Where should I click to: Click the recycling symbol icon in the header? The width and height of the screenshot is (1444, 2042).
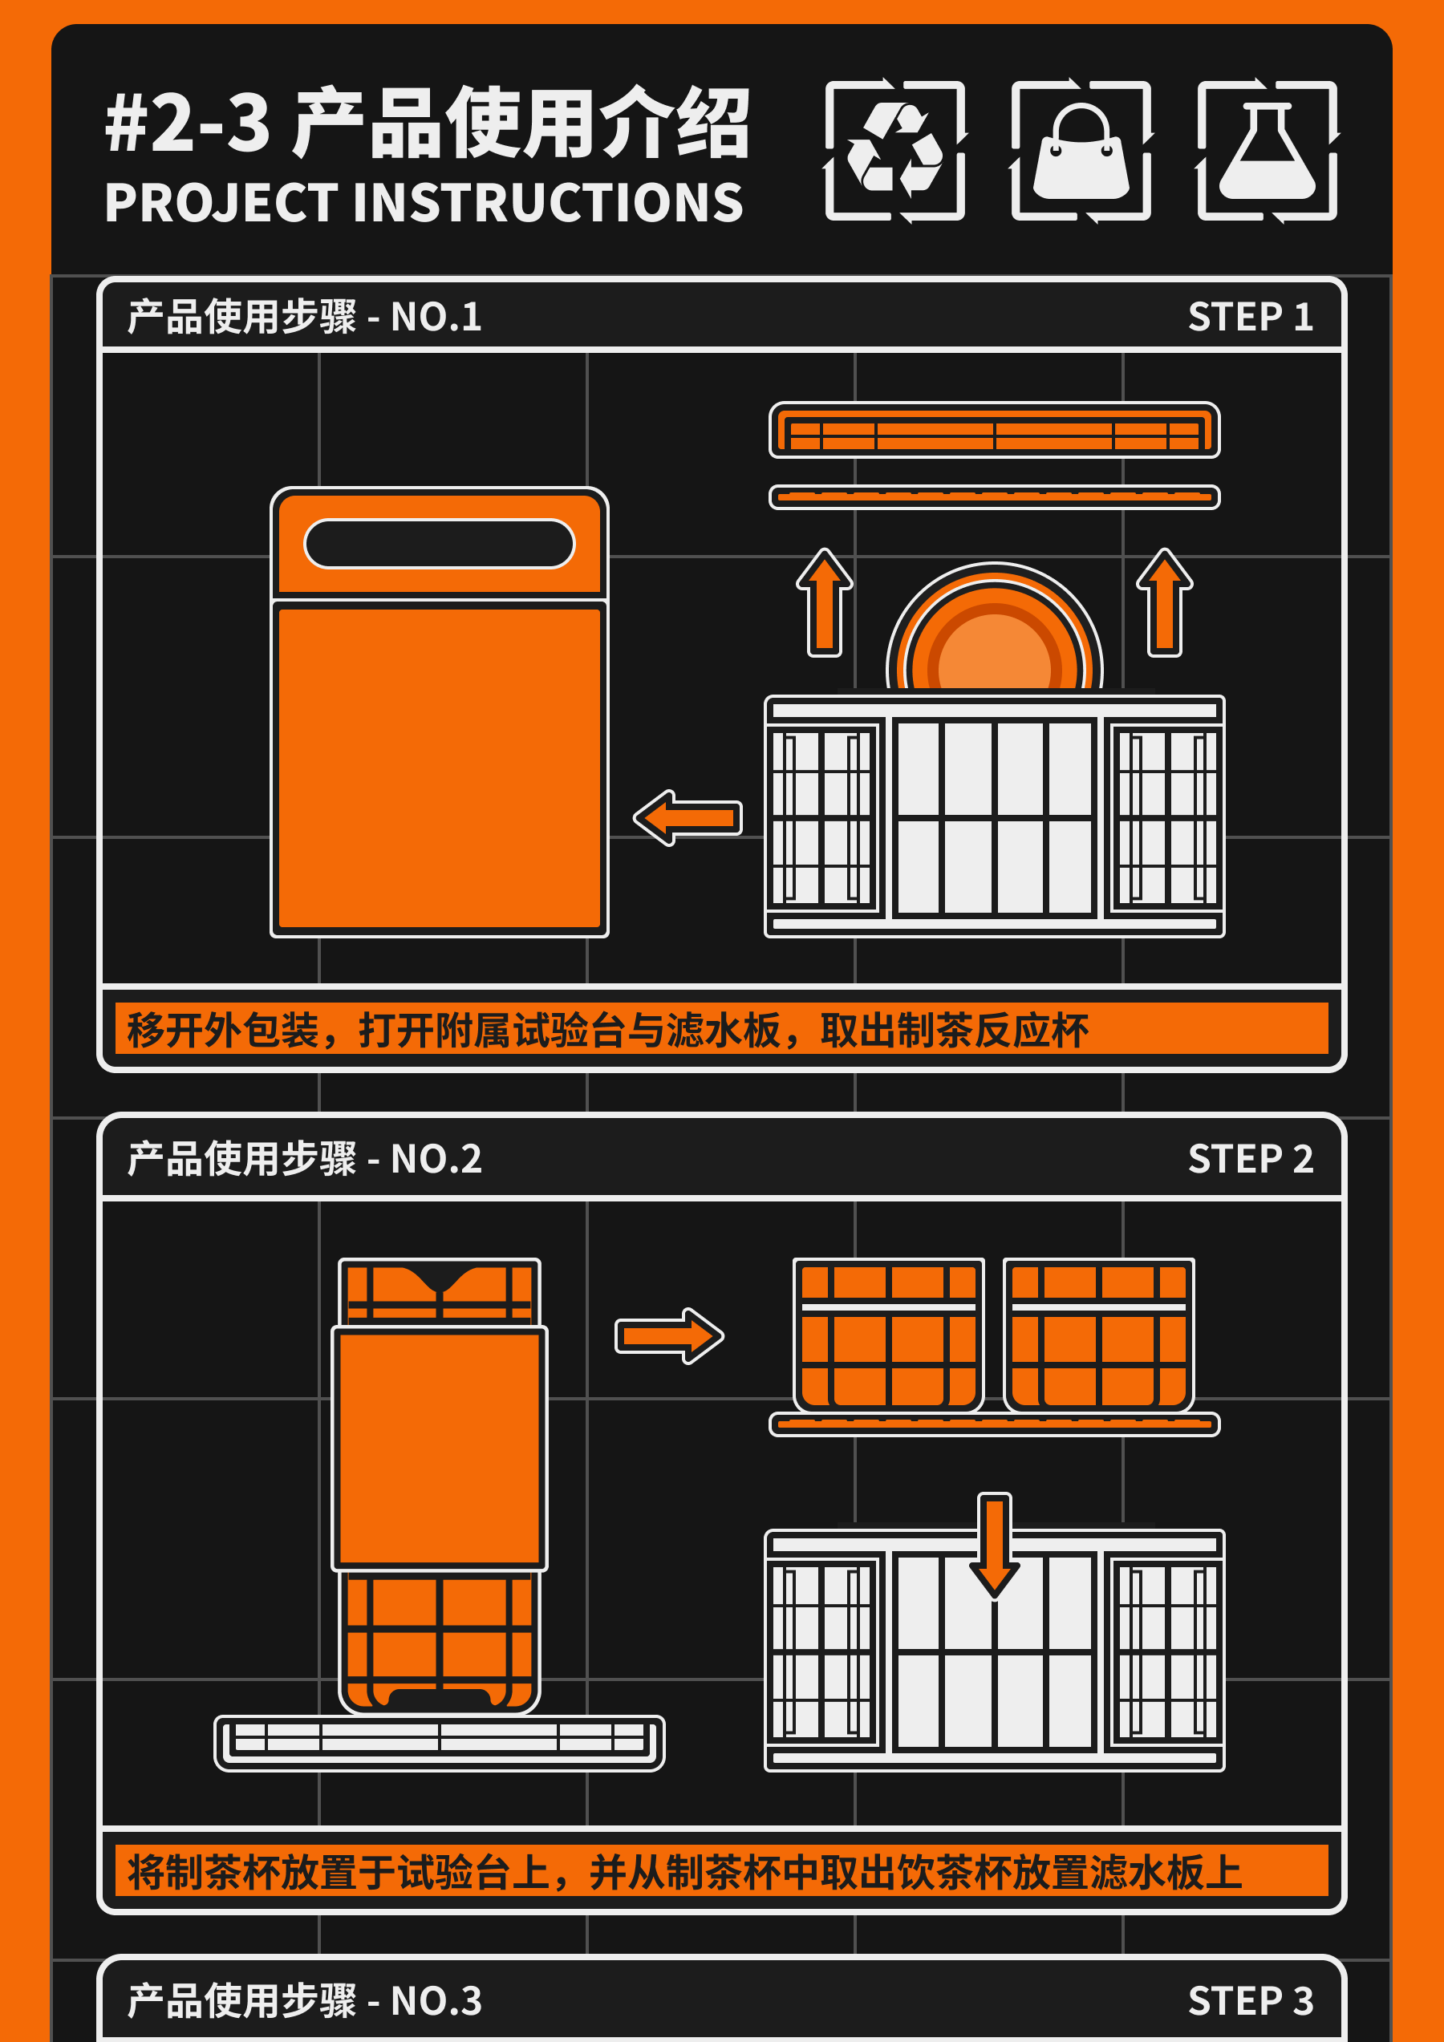pos(895,150)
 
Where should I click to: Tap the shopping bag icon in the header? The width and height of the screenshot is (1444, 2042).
pos(1081,150)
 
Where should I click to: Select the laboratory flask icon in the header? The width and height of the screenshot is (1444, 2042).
pos(1267,150)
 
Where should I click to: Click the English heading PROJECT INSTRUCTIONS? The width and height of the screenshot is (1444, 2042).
pos(424,203)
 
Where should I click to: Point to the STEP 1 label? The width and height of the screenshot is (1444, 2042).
pos(1250,317)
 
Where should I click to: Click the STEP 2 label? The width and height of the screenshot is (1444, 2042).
pos(1250,1159)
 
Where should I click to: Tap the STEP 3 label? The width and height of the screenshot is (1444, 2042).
pos(1250,2001)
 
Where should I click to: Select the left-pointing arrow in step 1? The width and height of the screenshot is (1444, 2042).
pos(688,817)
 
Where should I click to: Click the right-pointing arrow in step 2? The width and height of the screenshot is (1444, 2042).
pos(669,1335)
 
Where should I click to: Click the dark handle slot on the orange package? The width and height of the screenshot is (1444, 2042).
pos(440,544)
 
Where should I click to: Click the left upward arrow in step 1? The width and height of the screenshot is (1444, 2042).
pos(825,602)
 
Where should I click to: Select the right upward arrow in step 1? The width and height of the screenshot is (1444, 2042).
pos(1165,602)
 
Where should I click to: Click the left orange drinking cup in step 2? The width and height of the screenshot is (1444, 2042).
pos(888,1334)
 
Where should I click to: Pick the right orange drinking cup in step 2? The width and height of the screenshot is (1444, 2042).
pos(1099,1334)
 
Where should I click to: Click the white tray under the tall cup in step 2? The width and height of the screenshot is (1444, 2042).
pos(440,1742)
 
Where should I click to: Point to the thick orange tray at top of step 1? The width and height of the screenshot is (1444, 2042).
pos(994,431)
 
